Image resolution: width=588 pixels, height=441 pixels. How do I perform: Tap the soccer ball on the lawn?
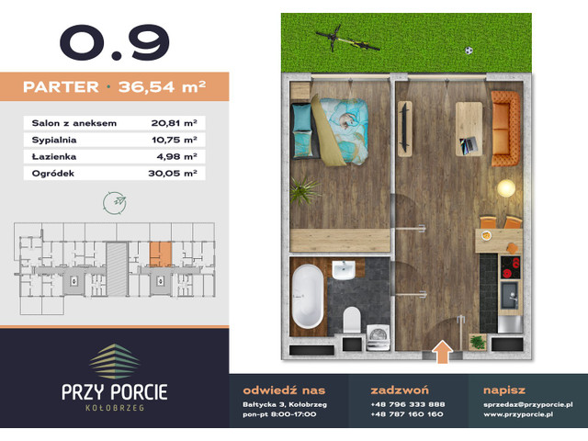click(x=468, y=50)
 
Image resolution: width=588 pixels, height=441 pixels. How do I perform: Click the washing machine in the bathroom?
click(x=378, y=336)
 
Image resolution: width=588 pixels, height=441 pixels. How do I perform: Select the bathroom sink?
click(x=345, y=271)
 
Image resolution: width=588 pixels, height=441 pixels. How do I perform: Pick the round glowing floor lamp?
click(x=504, y=188)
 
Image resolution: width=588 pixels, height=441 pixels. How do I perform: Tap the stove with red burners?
click(x=509, y=266)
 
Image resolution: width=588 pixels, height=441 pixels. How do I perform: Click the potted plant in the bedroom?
click(x=303, y=190)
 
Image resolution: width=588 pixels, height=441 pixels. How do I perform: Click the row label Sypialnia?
click(x=51, y=138)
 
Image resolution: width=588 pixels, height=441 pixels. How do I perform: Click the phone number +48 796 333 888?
click(x=407, y=403)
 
